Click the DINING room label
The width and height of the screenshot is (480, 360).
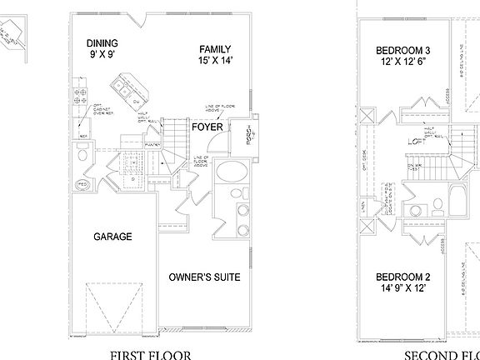tap(102, 43)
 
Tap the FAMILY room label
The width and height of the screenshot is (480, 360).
tap(215, 48)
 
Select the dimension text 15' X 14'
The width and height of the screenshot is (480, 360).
tap(215, 61)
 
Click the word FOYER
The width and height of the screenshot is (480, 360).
tap(206, 127)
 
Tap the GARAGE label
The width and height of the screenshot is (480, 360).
tap(112, 237)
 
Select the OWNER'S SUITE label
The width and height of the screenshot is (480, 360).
tap(204, 277)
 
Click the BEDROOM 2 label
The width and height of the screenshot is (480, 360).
tap(402, 277)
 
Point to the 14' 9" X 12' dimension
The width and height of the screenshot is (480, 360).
tap(402, 288)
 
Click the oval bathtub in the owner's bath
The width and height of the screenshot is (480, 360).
tap(228, 174)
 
